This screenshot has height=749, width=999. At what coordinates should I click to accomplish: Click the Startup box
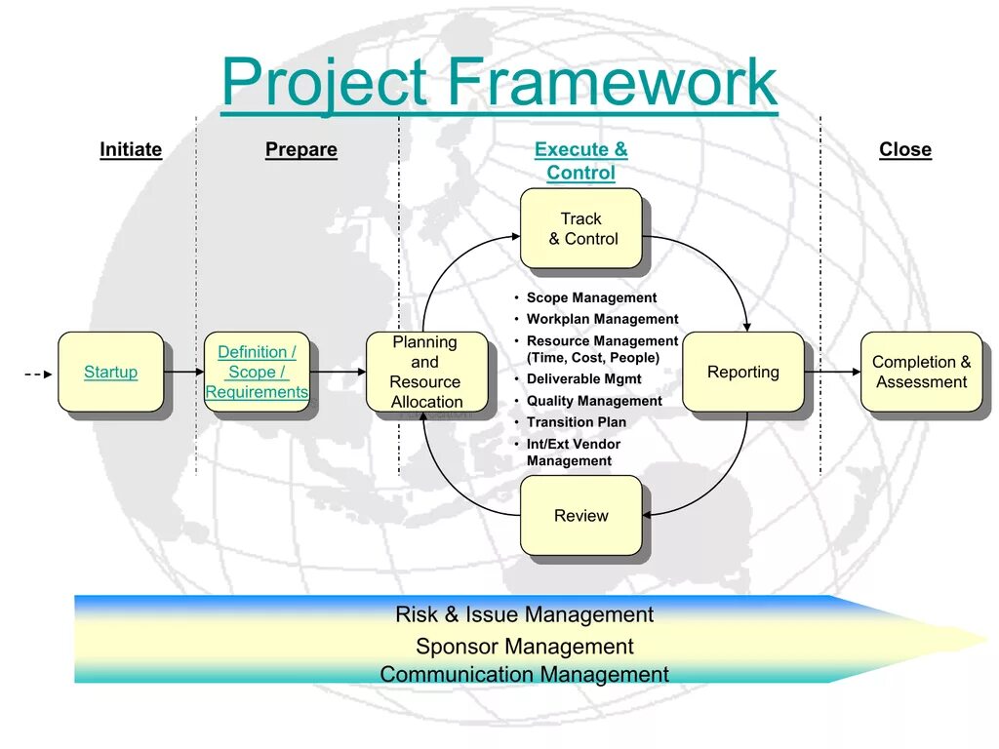tap(110, 372)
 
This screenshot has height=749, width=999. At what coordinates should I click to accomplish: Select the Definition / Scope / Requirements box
tap(257, 372)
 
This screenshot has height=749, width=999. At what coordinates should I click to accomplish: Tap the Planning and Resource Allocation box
tap(425, 372)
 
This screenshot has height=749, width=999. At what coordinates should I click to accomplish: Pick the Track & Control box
tap(581, 228)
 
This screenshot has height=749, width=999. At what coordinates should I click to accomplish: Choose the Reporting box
tap(743, 372)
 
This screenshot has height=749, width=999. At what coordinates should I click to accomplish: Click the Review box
tap(581, 516)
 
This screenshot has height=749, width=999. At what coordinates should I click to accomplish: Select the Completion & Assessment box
tap(921, 372)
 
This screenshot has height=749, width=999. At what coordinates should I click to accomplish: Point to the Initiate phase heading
tap(131, 149)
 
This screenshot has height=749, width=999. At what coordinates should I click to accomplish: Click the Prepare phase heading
tap(301, 149)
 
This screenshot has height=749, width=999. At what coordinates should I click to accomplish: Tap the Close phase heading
tap(905, 149)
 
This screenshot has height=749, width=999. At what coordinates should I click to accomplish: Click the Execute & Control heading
tap(581, 161)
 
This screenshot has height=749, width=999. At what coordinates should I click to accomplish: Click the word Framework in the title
tap(612, 83)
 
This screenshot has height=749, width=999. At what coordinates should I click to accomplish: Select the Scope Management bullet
tap(591, 297)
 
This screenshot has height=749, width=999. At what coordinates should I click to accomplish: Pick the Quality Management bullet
tap(594, 401)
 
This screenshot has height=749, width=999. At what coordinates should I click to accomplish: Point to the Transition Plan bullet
tap(577, 422)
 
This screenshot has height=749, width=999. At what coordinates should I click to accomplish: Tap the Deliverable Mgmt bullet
tap(584, 378)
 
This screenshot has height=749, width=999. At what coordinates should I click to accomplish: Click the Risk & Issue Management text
tap(524, 614)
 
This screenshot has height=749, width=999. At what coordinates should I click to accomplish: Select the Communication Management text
tap(524, 674)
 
